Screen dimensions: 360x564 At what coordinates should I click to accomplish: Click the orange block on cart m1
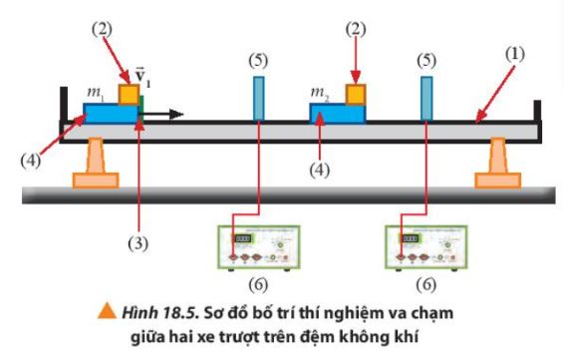128,93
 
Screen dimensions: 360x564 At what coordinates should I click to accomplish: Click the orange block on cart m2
356,94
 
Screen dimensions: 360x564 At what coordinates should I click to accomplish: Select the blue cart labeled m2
339,112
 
